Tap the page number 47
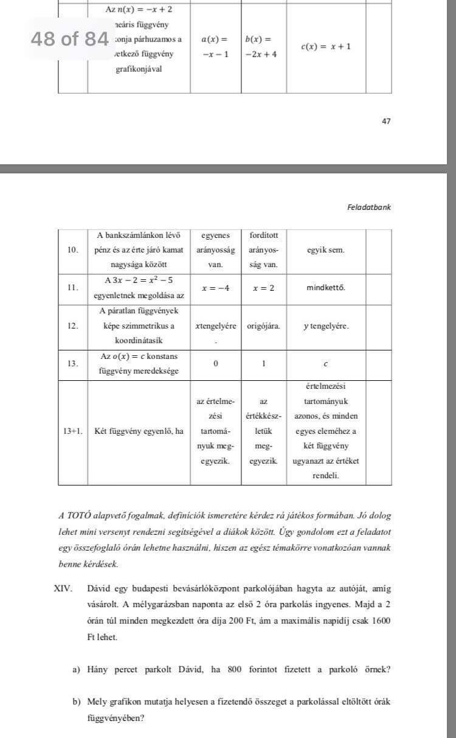click(386, 121)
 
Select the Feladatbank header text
click(368, 207)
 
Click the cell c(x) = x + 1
click(325, 46)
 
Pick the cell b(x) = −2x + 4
click(261, 46)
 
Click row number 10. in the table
click(73, 250)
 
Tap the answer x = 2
click(263, 288)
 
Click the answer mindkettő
click(326, 287)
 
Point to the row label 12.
click(73, 326)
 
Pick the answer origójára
click(263, 326)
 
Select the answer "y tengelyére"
click(326, 326)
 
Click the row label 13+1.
click(73, 431)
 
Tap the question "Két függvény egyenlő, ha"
click(139, 431)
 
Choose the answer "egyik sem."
click(325, 250)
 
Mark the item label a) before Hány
click(76, 670)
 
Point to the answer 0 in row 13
click(216, 364)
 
